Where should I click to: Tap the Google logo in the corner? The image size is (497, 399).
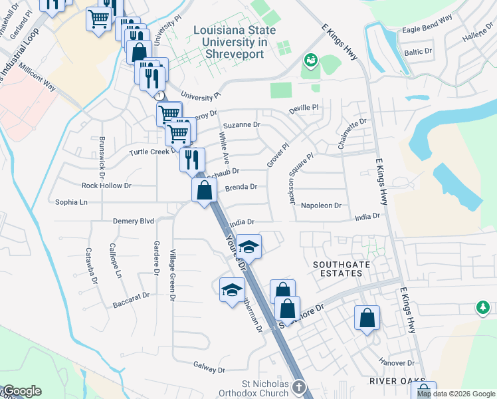(22, 391)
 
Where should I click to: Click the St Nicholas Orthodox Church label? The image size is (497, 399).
(265, 388)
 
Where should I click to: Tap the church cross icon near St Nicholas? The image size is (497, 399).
(299, 386)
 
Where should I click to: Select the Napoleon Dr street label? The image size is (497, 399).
(320, 206)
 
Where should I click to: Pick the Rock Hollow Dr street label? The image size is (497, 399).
(106, 186)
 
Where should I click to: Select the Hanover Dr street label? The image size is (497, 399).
(397, 363)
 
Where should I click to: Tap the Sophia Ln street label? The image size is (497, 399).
(71, 201)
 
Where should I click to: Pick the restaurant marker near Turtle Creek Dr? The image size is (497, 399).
(191, 160)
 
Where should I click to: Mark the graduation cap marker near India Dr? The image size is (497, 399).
(249, 247)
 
